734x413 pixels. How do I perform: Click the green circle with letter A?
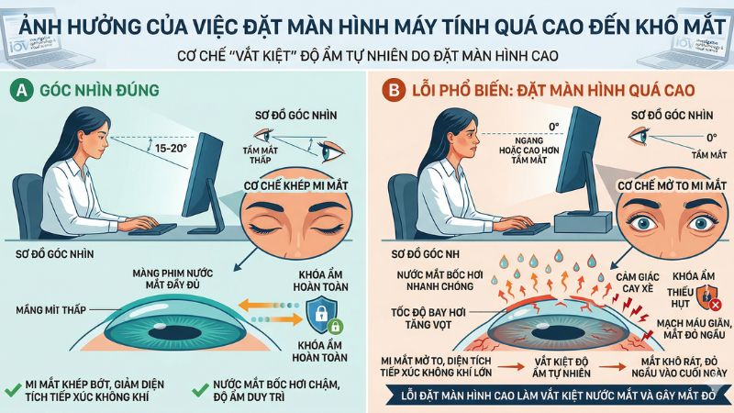[21, 90]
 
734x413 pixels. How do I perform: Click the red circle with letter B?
[394, 90]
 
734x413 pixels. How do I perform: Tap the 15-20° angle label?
[171, 148]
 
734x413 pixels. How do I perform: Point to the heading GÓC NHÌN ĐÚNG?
[99, 90]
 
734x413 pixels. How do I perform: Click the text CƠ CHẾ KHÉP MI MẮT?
[295, 186]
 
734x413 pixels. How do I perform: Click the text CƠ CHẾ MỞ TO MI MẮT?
[672, 186]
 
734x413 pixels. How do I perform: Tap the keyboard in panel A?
[152, 229]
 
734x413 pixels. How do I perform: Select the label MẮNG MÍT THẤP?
[51, 310]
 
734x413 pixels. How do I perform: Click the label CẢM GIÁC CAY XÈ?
[637, 284]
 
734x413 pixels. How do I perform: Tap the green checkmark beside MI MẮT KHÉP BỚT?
[14, 389]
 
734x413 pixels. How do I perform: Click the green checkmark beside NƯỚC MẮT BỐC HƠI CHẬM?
[200, 389]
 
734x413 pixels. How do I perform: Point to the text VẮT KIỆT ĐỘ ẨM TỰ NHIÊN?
[562, 368]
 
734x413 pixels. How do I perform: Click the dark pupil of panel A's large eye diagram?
[174, 333]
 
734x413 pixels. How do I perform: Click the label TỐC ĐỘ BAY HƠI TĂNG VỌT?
[428, 318]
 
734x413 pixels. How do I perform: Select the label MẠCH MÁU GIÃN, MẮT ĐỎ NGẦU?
[694, 329]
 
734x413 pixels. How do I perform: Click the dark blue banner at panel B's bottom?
[558, 396]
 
